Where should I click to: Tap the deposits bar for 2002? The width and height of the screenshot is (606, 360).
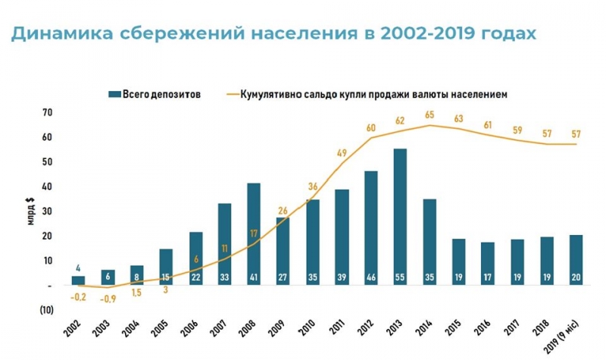click(78, 280)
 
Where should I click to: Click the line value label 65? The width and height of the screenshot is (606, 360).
click(429, 114)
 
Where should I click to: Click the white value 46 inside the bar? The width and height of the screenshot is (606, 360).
click(370, 277)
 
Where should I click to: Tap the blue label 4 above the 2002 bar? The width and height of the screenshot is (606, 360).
click(78, 267)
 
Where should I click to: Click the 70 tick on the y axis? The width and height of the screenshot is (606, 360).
click(47, 113)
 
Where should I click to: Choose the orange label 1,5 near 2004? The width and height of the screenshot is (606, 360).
click(136, 293)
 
